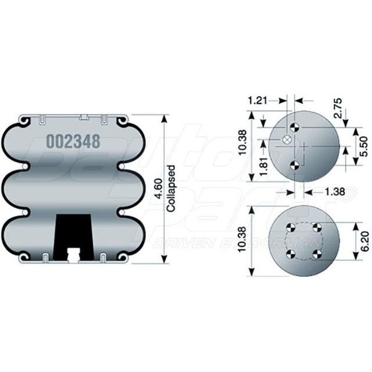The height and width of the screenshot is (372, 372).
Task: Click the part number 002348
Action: (73, 141)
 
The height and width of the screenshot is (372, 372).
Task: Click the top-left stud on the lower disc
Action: (290, 229)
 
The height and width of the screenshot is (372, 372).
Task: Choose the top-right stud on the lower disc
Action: (315, 229)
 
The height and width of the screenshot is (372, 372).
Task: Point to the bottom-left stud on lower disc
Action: (290, 254)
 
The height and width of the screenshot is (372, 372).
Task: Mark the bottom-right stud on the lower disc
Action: (315, 254)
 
